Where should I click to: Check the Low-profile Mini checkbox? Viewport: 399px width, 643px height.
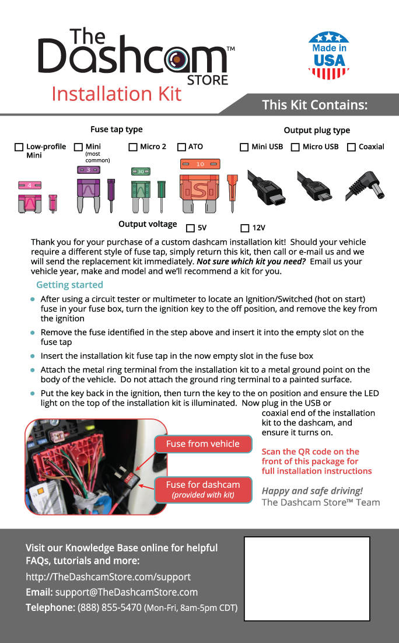point(19,147)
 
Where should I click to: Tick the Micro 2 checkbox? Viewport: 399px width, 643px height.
point(133,147)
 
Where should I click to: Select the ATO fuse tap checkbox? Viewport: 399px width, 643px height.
point(181,147)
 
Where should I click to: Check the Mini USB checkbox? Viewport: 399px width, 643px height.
point(244,147)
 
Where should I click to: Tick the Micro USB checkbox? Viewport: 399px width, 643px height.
point(295,147)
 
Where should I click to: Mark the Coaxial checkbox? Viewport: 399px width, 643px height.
point(351,147)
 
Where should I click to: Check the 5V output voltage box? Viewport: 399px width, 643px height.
point(190,228)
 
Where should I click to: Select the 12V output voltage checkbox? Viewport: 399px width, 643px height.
point(245,228)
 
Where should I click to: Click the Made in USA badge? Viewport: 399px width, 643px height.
point(328,55)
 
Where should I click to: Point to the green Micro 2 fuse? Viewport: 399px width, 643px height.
point(141,190)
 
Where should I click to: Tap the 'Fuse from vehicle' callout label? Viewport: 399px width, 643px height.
point(202,444)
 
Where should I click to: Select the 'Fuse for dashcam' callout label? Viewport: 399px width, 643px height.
point(202,489)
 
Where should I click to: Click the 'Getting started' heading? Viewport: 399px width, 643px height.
point(69,285)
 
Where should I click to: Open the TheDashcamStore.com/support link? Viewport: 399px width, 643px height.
point(108,577)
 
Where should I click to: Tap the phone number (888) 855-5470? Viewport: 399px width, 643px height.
point(110,607)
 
